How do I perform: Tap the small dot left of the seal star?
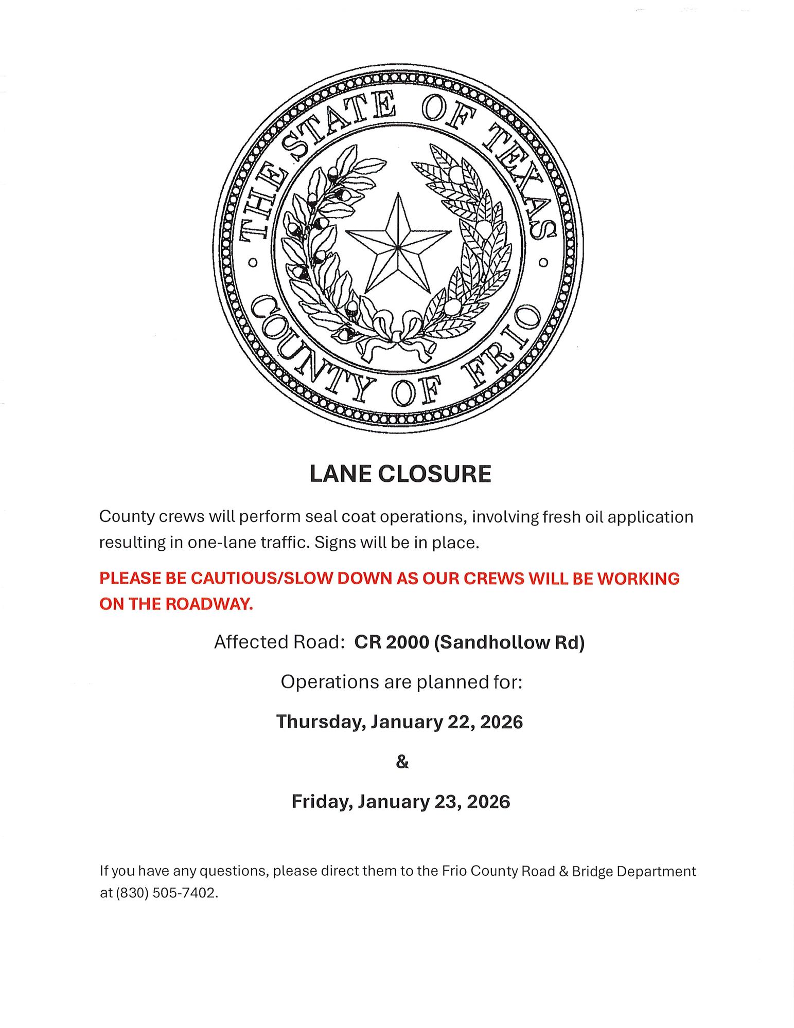coord(253,263)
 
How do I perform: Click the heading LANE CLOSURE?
coord(400,474)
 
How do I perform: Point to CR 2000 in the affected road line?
coord(391,643)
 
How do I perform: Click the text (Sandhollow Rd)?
coord(509,643)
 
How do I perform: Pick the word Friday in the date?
coord(322,802)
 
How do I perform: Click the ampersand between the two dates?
coord(402,762)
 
